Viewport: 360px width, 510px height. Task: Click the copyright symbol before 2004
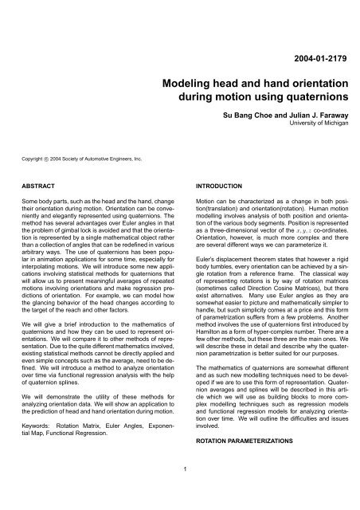pyautogui.click(x=44, y=159)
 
